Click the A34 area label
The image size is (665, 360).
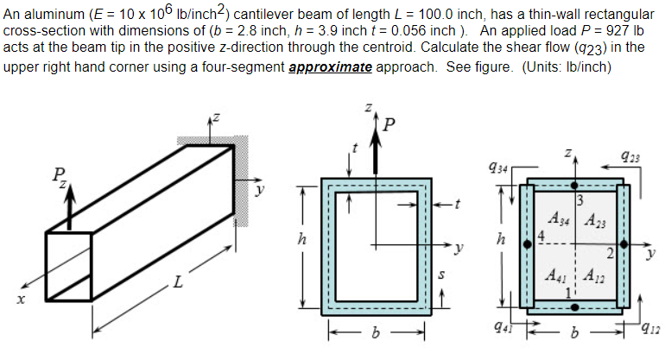click(x=559, y=219)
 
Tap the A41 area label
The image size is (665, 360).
click(x=559, y=278)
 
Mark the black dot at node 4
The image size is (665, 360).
click(x=528, y=244)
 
